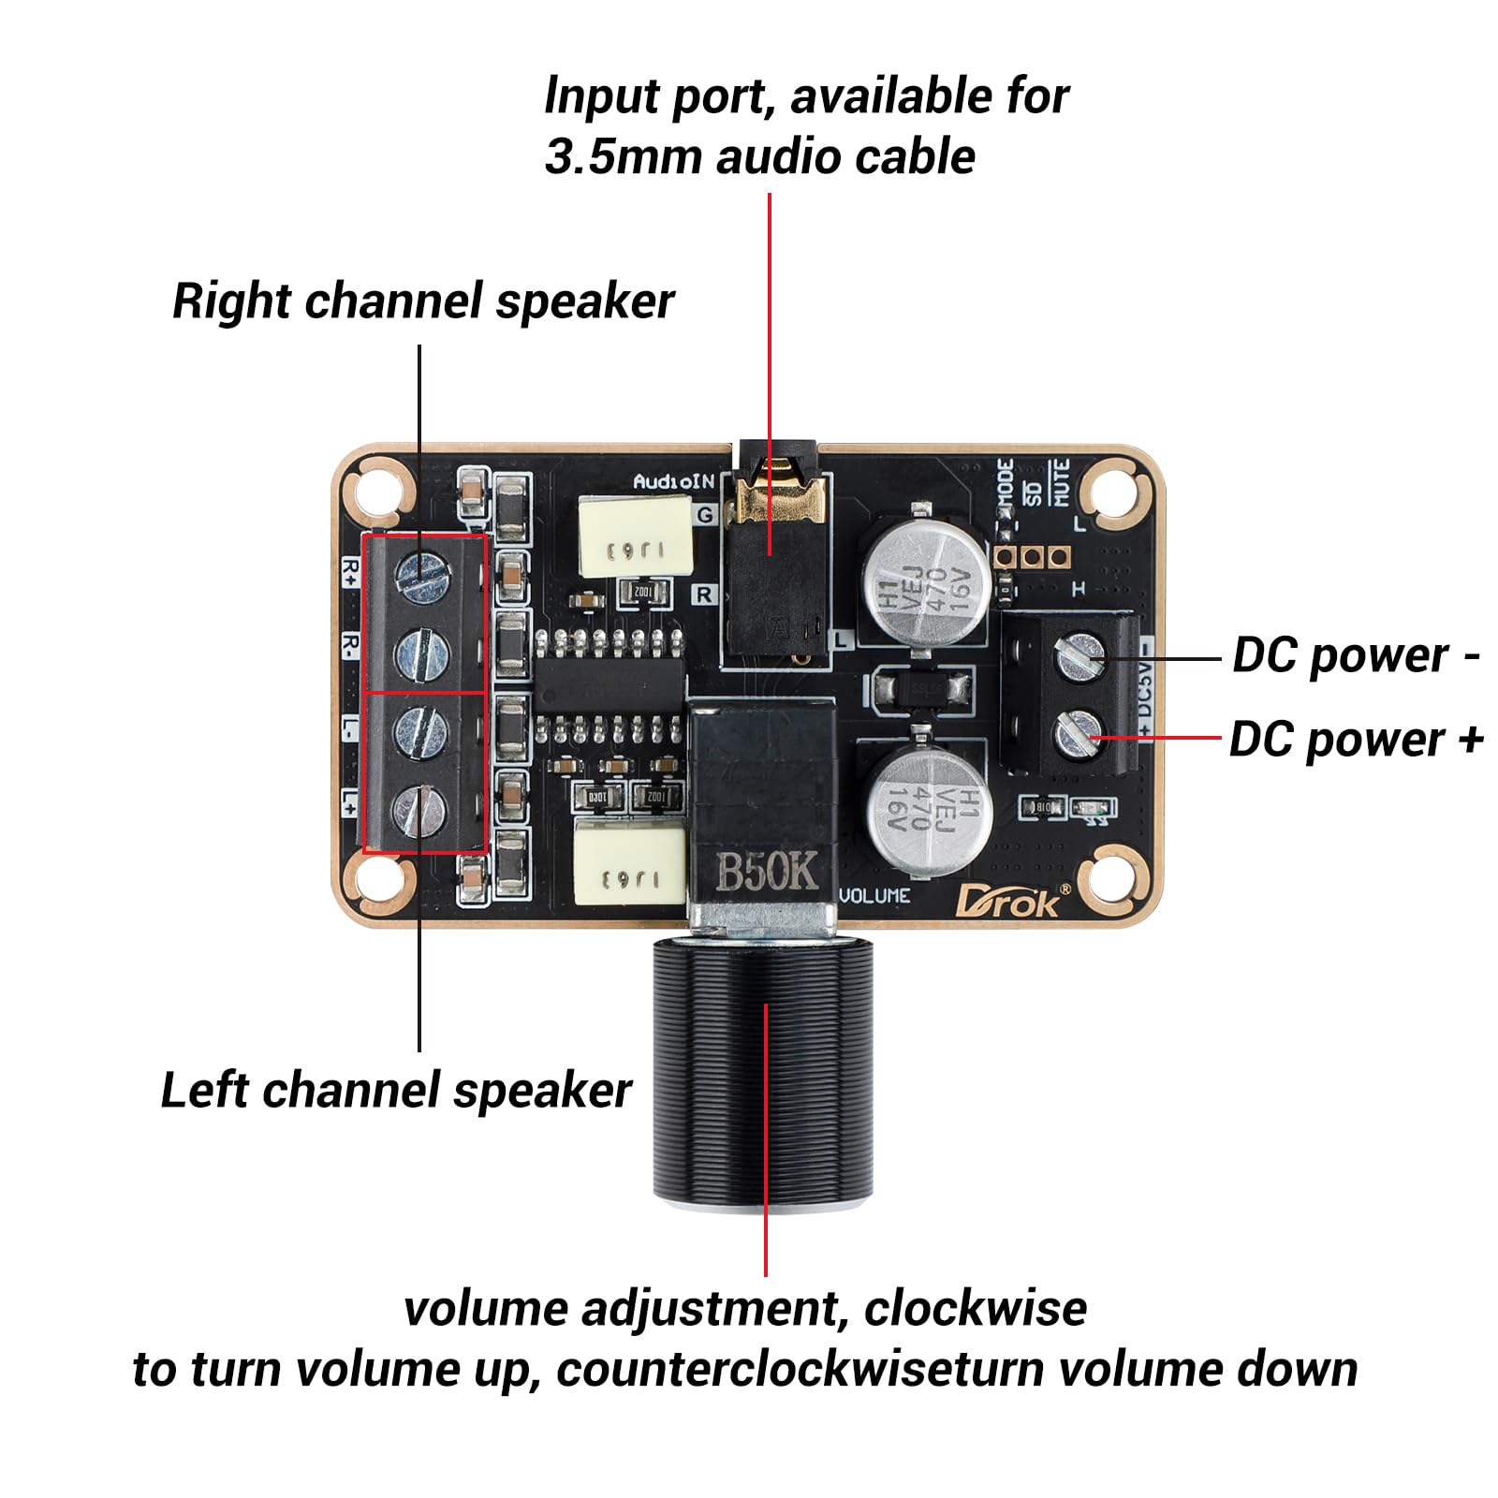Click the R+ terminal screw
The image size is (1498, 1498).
pyautogui.click(x=420, y=573)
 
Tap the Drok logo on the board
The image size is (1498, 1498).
pyautogui.click(x=1009, y=901)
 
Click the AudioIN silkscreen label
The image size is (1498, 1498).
pyautogui.click(x=673, y=482)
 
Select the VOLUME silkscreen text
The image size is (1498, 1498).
pyautogui.click(x=874, y=896)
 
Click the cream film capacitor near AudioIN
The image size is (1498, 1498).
pyautogui.click(x=636, y=535)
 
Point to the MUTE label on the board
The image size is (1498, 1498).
pyautogui.click(x=1061, y=482)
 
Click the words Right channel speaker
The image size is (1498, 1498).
pyautogui.click(x=423, y=301)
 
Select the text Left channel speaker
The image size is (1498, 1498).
pyautogui.click(x=396, y=1091)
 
